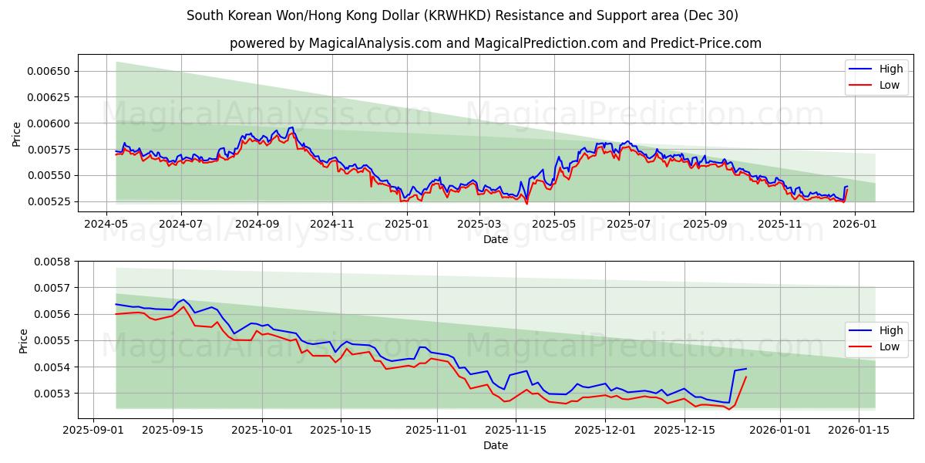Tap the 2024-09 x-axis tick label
point(257,224)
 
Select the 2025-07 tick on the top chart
point(629,224)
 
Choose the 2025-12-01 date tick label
point(603,430)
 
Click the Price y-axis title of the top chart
point(17,134)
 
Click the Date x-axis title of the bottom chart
point(495,445)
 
